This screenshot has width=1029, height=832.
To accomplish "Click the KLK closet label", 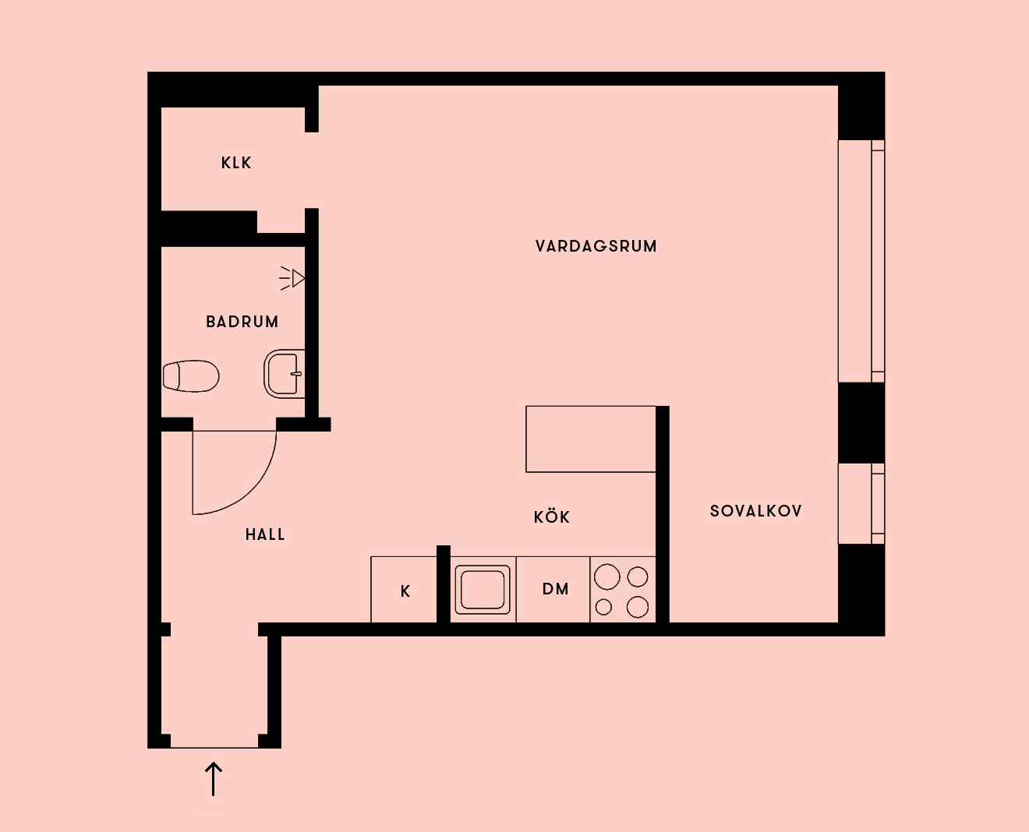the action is click(x=236, y=163).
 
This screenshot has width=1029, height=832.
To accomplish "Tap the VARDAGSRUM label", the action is click(x=596, y=247).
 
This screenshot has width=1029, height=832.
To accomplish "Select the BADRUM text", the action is click(x=242, y=322).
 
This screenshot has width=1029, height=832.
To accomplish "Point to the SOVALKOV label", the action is click(x=756, y=511).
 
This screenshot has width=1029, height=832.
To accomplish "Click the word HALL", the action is click(x=265, y=534).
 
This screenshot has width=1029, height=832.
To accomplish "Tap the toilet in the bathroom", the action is click(x=191, y=376).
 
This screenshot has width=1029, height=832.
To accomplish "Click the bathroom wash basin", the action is click(x=285, y=374).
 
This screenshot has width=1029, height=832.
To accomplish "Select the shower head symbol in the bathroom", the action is click(x=292, y=278).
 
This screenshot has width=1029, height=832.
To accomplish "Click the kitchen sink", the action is click(x=483, y=590).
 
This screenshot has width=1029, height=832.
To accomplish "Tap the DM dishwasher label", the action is click(x=556, y=589).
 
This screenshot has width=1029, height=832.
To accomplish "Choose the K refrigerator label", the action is click(x=405, y=591).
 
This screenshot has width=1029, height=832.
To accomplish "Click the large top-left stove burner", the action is click(x=606, y=576).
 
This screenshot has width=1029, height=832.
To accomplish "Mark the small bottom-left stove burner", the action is click(x=603, y=607).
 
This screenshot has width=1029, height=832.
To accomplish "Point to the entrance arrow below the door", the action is click(x=213, y=779).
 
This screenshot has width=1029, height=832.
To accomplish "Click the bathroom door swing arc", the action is click(x=252, y=490).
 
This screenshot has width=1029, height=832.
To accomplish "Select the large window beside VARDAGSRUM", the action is click(x=861, y=261).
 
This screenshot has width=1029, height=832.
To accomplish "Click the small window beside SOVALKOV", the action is click(x=861, y=503).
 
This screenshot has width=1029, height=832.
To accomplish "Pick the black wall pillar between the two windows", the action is click(x=861, y=423).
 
